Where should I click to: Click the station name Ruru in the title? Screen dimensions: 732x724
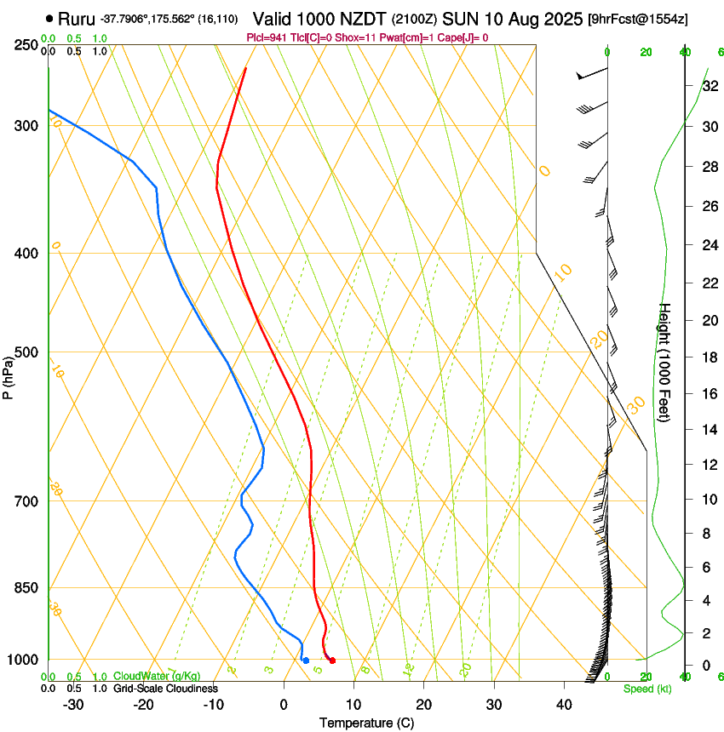pos(77,19)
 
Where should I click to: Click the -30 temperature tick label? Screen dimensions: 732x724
pos(73,705)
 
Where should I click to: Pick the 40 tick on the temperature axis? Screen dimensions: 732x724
pos(563,705)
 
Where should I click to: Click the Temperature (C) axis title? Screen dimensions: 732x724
pos(365,723)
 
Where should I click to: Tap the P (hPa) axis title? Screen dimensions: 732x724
pos(9,375)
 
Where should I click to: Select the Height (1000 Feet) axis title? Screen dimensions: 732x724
pos(665,363)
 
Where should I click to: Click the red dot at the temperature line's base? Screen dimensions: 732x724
pos(332,661)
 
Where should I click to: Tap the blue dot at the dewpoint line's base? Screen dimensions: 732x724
pos(306,661)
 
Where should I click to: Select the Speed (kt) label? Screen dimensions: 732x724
pos(646,689)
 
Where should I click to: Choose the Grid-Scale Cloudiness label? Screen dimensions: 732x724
pos(164,689)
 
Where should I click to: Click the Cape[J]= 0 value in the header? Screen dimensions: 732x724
pos(466,37)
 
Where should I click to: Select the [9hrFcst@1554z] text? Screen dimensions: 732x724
pos(638,19)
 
